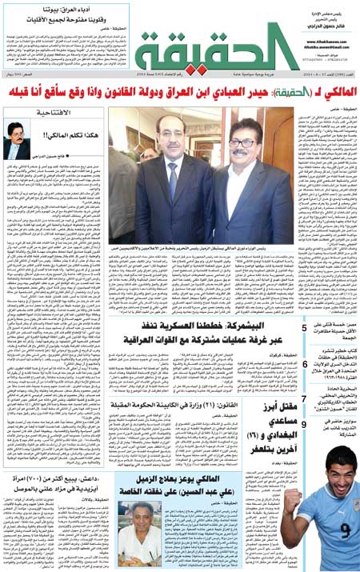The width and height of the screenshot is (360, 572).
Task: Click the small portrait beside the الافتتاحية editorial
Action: click(17, 138)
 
